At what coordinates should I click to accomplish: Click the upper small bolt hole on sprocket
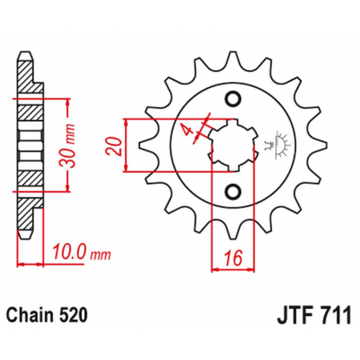click(x=231, y=97)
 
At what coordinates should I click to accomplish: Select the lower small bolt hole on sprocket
click(x=231, y=190)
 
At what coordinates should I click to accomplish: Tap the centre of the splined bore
click(x=231, y=144)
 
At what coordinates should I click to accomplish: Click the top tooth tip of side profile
click(x=28, y=57)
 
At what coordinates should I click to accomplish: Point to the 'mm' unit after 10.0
click(x=99, y=254)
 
